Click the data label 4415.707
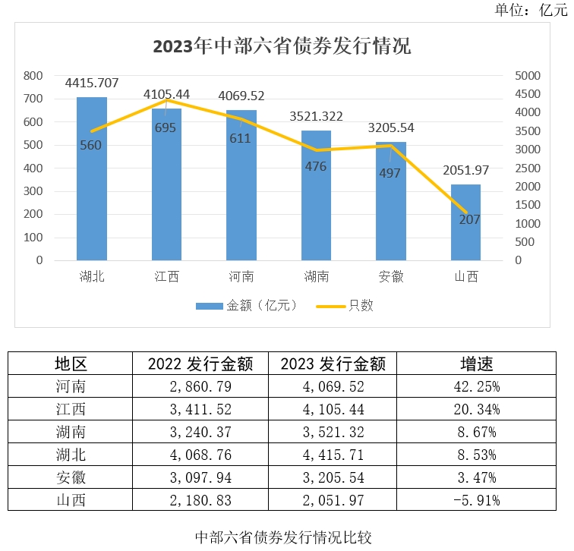click(x=92, y=83)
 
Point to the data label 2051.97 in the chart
click(x=465, y=170)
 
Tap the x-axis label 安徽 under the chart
click(x=391, y=276)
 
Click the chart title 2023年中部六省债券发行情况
click(x=282, y=46)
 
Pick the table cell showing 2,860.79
click(x=200, y=386)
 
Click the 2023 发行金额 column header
click(x=333, y=364)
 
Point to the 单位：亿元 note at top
click(x=531, y=9)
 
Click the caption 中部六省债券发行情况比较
click(x=283, y=537)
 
